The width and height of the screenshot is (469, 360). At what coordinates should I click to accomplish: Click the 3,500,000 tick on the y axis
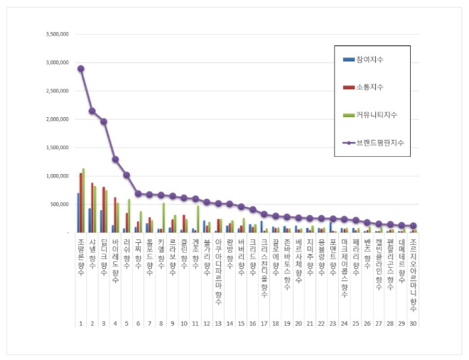(x=55, y=34)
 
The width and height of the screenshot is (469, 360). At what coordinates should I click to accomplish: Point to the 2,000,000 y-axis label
(x=55, y=119)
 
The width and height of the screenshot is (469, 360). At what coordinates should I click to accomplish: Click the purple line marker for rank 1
(x=80, y=69)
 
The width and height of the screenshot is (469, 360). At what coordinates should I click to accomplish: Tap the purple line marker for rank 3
(x=104, y=121)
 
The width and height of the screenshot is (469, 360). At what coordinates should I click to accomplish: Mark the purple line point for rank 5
(x=126, y=175)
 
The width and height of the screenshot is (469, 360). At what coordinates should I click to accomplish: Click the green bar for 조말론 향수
(x=83, y=201)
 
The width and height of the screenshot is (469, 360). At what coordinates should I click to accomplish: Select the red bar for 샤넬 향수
(x=92, y=207)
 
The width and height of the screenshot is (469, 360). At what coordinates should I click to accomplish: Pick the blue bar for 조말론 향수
(x=78, y=212)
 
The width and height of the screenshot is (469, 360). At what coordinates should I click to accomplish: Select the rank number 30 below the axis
(x=414, y=323)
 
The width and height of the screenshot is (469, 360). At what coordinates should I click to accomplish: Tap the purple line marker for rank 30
(x=413, y=226)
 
